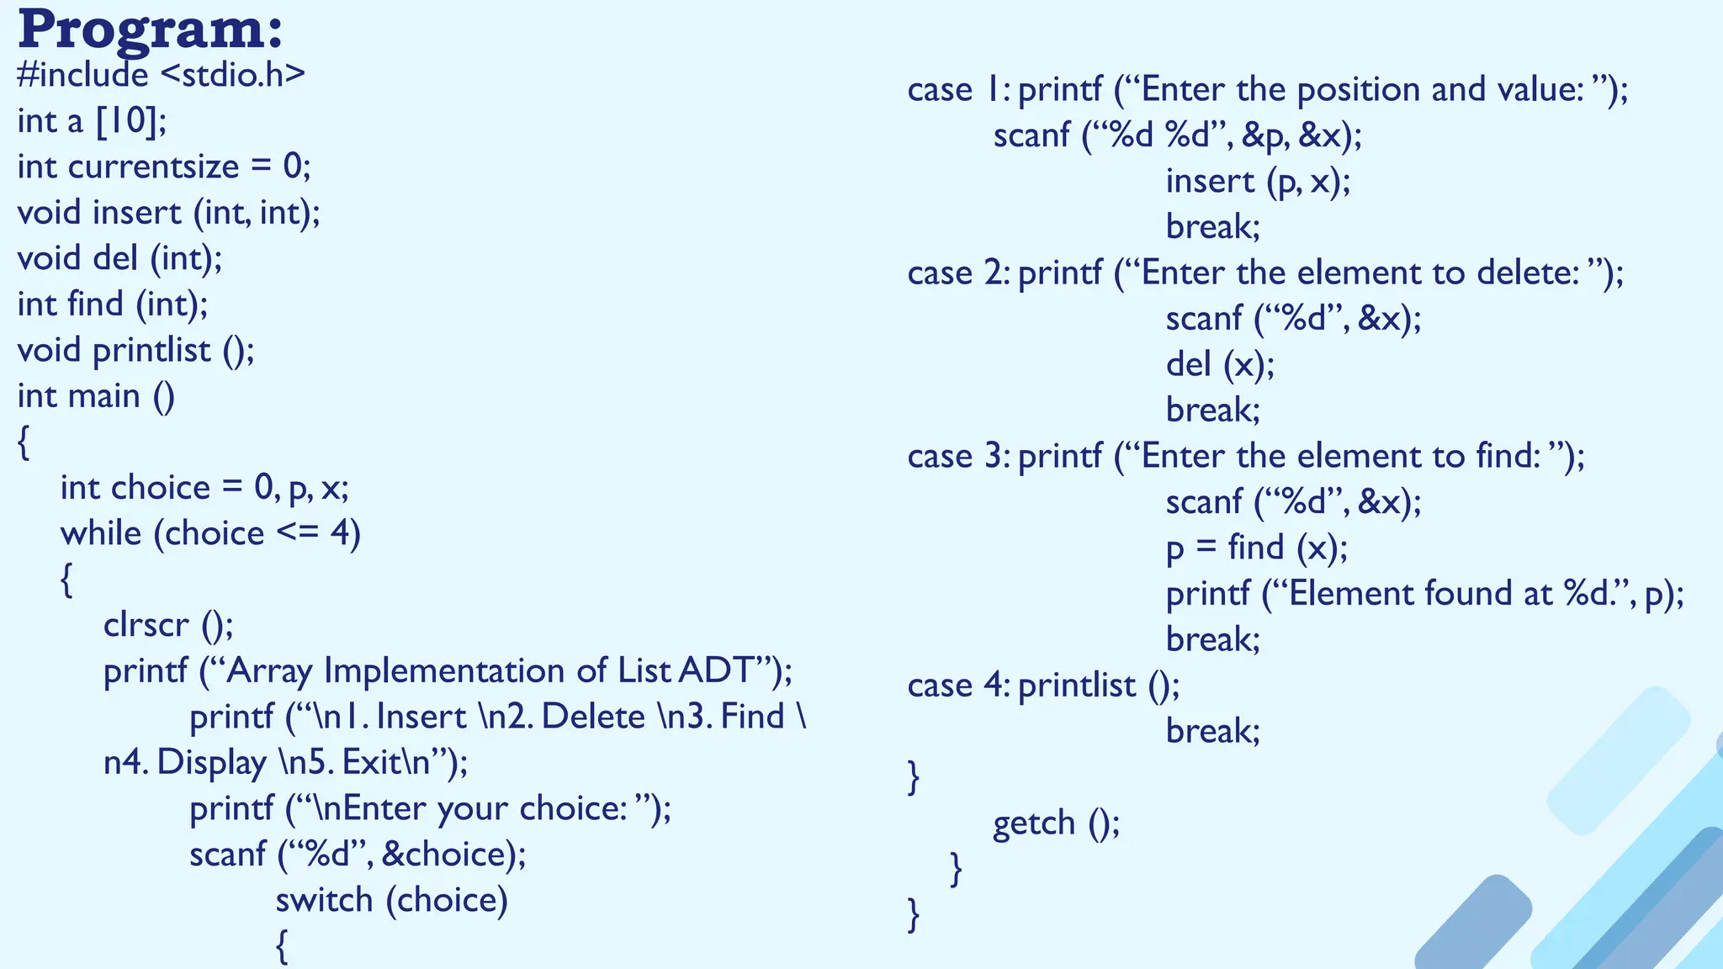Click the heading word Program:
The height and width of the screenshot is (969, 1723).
(150, 30)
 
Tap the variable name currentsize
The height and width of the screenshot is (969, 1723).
(153, 167)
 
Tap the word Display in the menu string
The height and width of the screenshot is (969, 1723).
(211, 762)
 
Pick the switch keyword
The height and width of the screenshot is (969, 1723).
(324, 900)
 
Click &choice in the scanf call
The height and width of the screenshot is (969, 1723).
(445, 855)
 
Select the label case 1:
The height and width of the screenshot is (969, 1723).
(958, 90)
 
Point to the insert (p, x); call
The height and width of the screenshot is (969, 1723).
(1258, 182)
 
